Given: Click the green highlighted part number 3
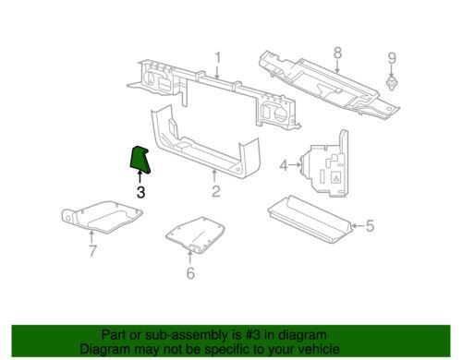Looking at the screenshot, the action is [140, 160].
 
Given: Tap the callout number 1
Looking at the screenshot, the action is [218, 58].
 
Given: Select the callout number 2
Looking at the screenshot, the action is [216, 191].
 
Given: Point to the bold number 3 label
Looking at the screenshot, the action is [140, 192].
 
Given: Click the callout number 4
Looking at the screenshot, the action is [284, 165].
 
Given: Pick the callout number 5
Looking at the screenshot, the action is [370, 226].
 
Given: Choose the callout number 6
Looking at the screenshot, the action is [190, 273].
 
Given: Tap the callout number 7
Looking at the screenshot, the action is [92, 251].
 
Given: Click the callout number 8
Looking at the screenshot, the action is [338, 53].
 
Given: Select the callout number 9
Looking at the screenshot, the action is [392, 58].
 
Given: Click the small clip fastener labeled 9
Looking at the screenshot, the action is [392, 84].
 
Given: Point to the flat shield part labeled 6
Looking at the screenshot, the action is [195, 234].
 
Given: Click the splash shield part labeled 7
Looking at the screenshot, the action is [102, 217].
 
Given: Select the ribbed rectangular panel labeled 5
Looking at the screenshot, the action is [310, 219].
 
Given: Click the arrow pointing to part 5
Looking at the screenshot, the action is [359, 226].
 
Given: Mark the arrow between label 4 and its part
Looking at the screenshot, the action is [295, 165].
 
